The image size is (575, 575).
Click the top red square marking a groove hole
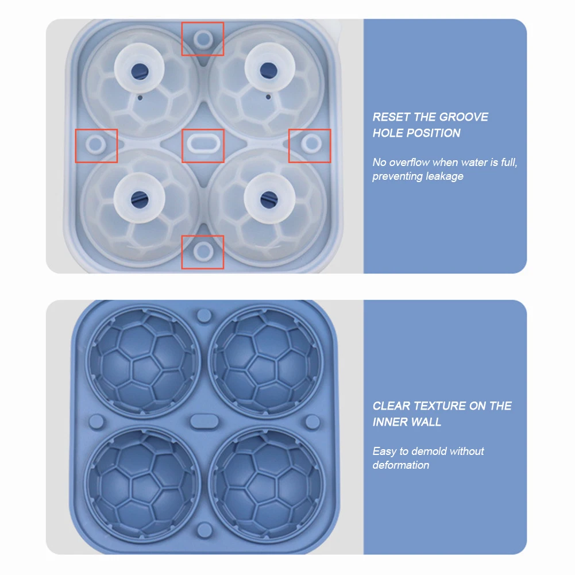pyautogui.click(x=203, y=23)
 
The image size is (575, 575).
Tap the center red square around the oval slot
pyautogui.click(x=203, y=130)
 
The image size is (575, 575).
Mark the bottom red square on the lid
pyautogui.click(x=203, y=236)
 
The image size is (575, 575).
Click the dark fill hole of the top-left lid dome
pyautogui.click(x=140, y=70)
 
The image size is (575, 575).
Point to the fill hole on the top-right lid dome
pyautogui.click(x=268, y=70)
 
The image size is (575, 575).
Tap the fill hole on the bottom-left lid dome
pyautogui.click(x=140, y=199)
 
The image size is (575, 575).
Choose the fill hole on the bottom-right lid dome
pyautogui.click(x=269, y=199)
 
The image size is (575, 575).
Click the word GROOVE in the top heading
pyautogui.click(x=464, y=117)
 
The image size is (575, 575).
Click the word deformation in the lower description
pyautogui.click(x=401, y=465)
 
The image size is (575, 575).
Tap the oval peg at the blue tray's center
pyautogui.click(x=204, y=421)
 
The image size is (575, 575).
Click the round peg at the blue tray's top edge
pyautogui.click(x=204, y=315)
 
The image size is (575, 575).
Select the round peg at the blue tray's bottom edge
pyautogui.click(x=204, y=530)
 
